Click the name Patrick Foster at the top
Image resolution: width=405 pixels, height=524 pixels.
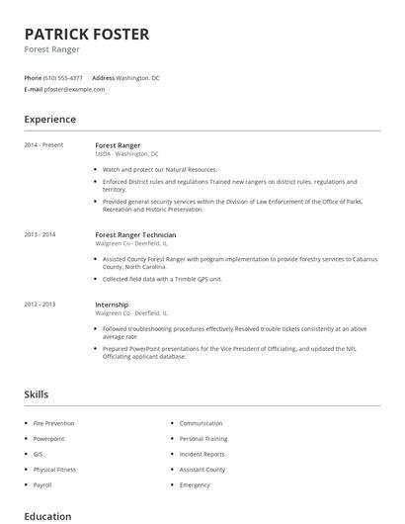coord(87,35)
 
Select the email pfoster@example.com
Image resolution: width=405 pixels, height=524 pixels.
coord(74,89)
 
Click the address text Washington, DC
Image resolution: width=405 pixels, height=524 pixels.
coord(137,77)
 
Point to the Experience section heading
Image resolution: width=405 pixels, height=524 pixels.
coord(50,120)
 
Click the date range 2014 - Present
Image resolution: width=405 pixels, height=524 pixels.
coord(43,145)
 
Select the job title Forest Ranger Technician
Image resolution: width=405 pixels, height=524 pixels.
coord(135,235)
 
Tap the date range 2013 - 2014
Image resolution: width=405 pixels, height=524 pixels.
coord(40,235)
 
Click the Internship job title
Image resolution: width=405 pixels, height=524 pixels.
coord(112,305)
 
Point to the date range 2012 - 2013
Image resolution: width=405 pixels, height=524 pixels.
coord(40,305)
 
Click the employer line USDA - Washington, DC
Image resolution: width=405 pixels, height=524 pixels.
coord(127,154)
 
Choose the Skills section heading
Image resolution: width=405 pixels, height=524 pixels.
coord(37,394)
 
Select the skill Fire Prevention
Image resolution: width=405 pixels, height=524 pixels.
coord(53,423)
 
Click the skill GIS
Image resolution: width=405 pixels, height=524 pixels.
coord(38,454)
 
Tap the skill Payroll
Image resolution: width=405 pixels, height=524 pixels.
coord(42,485)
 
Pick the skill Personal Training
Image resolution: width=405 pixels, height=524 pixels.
coord(203,439)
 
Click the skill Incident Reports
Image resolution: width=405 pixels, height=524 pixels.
coord(202,454)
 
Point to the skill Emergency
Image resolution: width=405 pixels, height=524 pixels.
coord(195,485)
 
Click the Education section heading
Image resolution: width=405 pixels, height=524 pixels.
coord(47,516)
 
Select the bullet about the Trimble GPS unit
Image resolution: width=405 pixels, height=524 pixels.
coord(162,279)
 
